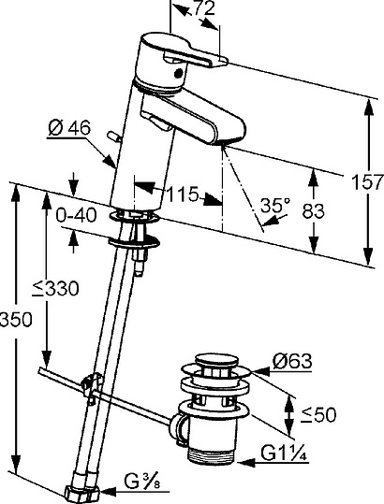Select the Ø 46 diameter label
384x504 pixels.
coord(69,129)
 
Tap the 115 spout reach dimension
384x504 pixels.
coord(183,194)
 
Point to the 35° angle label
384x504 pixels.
coord(275,205)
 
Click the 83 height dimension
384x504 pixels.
coord(313,211)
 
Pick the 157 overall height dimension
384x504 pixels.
coord(367,182)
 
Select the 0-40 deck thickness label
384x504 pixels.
coord(76,215)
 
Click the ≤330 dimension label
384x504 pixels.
coord(55,288)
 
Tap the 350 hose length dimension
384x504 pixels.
coord(16,320)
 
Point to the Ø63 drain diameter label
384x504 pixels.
coord(292,361)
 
